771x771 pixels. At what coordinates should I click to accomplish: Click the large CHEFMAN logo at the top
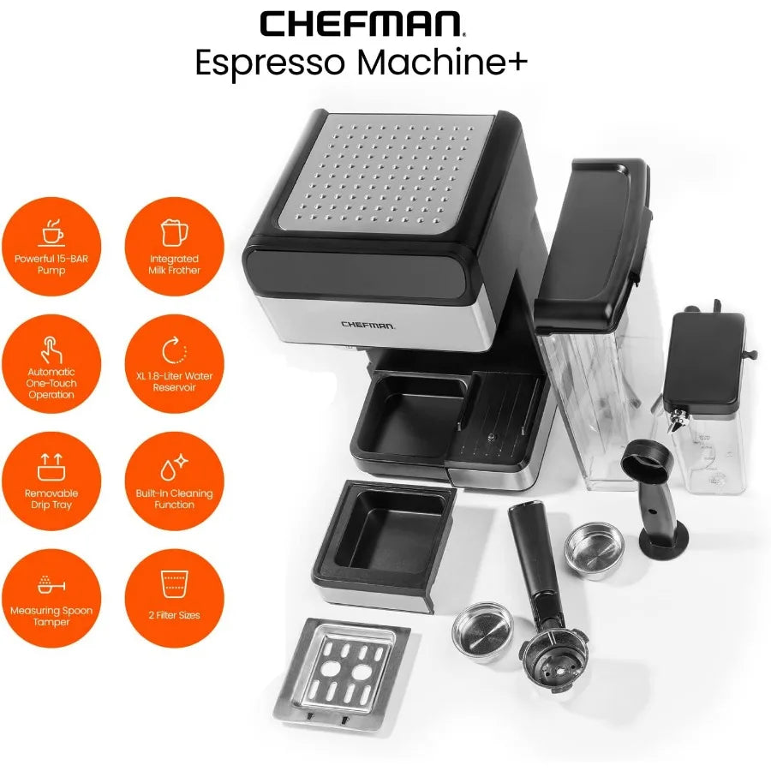362,24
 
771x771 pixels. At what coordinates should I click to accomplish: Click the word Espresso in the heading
270,63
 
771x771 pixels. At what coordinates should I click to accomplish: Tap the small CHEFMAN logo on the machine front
368,325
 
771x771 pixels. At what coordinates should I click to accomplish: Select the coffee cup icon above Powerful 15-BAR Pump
51,232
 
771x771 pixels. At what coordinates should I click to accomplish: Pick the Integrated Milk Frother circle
174,247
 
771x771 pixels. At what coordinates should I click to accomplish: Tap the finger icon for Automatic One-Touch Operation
51,350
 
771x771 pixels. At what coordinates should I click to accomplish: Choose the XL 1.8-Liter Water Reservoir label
174,381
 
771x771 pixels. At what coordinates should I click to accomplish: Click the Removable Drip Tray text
51,499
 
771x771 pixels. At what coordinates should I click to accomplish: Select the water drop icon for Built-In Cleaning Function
174,467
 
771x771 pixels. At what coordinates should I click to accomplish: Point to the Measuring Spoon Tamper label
51,616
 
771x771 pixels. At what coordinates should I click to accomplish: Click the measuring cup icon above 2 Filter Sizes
174,584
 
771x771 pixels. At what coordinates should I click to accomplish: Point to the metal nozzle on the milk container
679,420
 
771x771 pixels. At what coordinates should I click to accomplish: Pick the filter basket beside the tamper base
595,550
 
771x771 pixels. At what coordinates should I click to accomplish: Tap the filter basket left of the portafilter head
483,631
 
